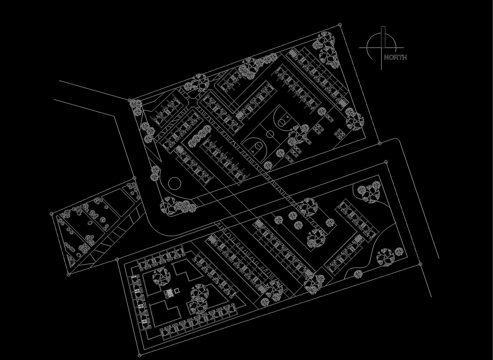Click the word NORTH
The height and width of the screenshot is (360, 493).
tap(395, 57)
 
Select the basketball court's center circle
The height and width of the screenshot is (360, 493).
tap(270, 133)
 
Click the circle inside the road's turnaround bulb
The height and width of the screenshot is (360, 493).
tap(175, 184)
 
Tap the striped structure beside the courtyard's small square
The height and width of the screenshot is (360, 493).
tap(169, 293)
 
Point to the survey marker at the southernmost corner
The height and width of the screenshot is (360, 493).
tap(139, 355)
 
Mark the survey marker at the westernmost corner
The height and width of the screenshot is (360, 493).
tap(52, 213)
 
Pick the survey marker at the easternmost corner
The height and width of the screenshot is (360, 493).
tap(420, 264)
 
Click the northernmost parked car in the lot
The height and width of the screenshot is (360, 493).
tap(329, 118)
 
